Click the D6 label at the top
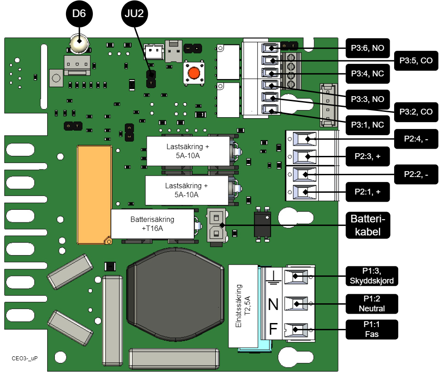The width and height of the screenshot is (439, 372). click(79, 14)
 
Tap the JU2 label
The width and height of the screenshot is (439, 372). click(134, 14)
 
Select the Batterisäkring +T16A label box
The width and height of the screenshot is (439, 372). click(152, 224)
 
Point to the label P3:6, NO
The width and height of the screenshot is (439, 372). click(367, 48)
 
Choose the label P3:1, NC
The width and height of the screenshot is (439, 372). click(367, 124)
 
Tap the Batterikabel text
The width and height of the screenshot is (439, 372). click(368, 226)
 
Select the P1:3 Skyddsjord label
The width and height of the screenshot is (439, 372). click(371, 276)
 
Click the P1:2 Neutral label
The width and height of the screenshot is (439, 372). click(372, 304)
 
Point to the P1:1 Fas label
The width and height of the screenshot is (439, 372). click(372, 329)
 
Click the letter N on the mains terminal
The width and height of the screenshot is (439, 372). click(273, 305)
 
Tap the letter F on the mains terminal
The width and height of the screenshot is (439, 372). click(273, 330)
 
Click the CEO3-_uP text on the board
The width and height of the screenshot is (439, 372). click(25, 359)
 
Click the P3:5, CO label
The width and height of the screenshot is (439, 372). click(416, 61)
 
